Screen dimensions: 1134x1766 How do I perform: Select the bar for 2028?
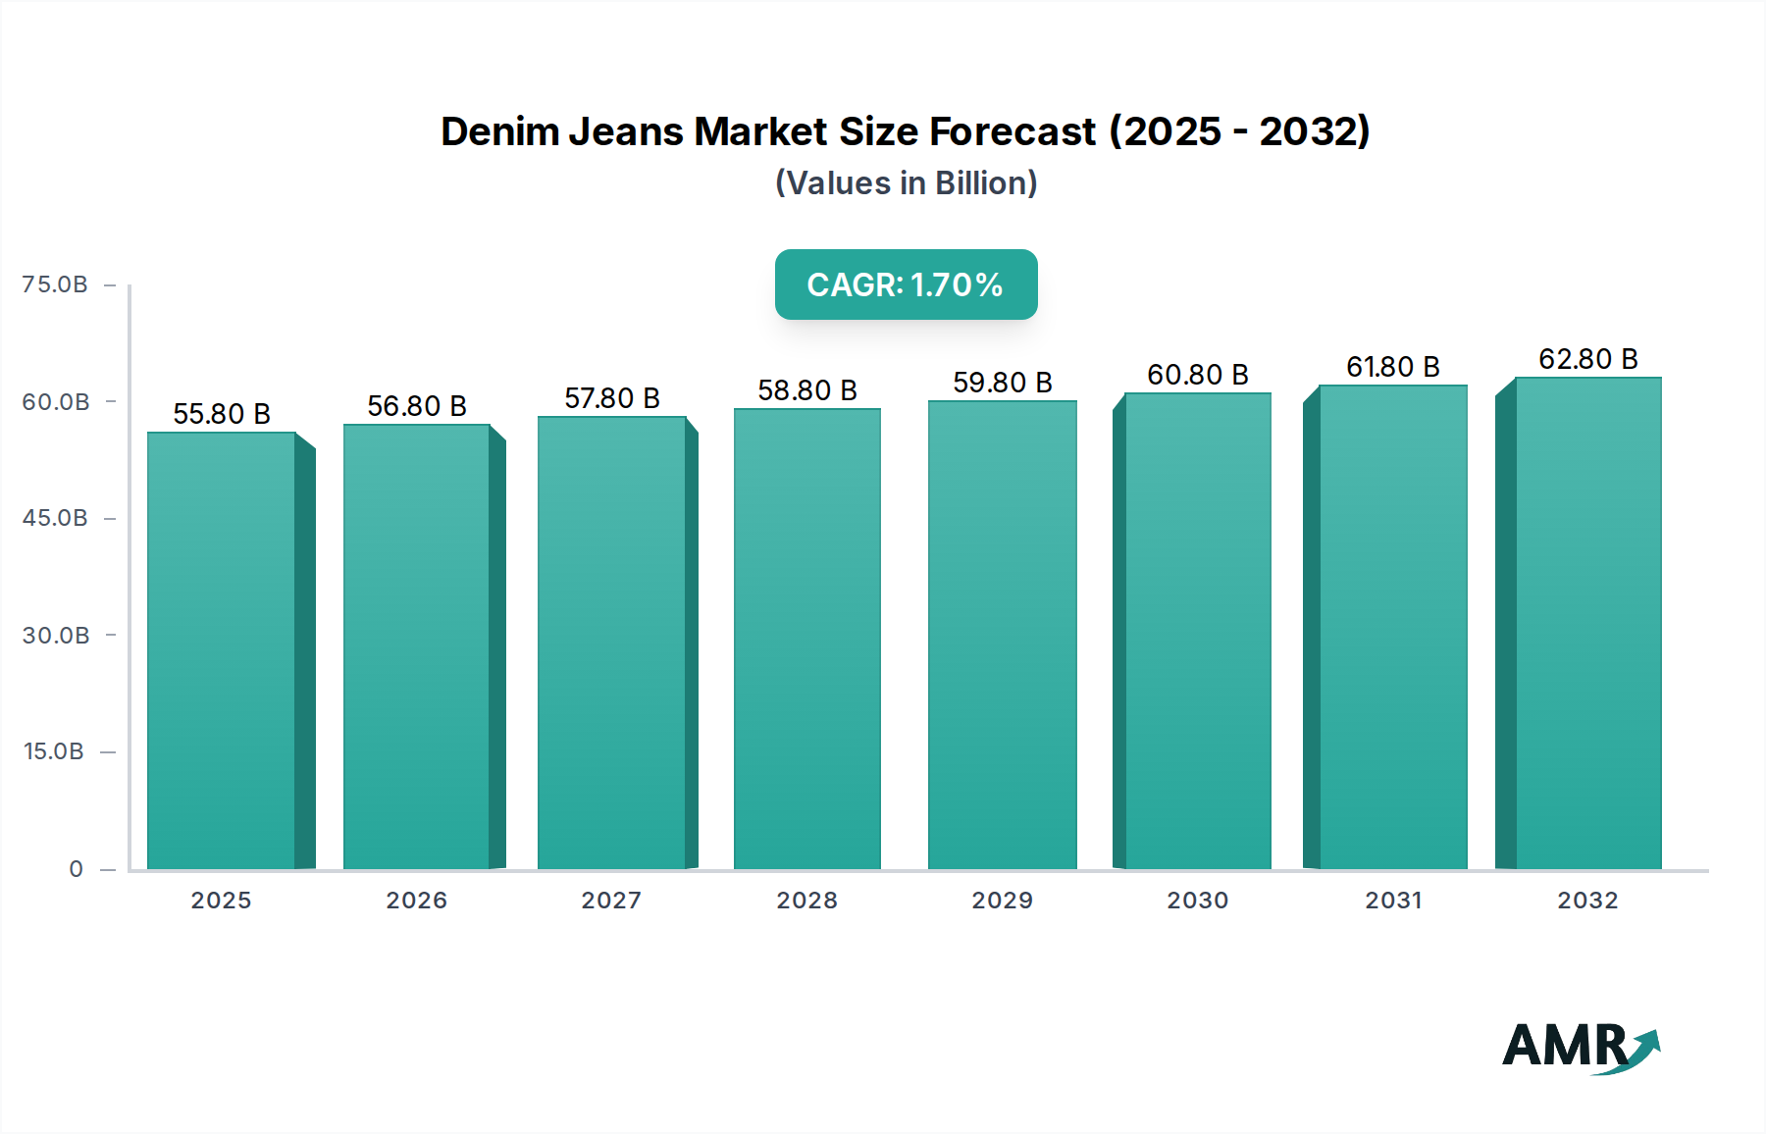(807, 639)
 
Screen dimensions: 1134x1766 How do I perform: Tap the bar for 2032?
(1588, 623)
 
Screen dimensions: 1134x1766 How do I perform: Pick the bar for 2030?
(1198, 631)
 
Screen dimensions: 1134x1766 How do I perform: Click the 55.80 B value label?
(222, 414)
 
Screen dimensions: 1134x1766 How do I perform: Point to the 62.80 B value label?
(1588, 359)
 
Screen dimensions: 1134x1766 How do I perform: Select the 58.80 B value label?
(807, 390)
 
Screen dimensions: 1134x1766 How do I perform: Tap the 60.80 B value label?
(1198, 375)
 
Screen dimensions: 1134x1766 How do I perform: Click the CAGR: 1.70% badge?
(906, 284)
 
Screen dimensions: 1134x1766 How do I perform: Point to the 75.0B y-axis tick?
(56, 284)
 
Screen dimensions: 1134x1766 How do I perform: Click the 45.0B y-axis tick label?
(56, 518)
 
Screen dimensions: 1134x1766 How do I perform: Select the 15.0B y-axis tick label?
(54, 751)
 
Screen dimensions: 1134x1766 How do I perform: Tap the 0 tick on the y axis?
(77, 869)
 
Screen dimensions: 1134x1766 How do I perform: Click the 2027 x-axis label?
(611, 901)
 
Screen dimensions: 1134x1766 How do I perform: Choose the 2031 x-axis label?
(1393, 901)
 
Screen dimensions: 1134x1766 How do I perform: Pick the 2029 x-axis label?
(1002, 901)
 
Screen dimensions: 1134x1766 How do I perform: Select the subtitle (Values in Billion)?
(906, 183)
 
